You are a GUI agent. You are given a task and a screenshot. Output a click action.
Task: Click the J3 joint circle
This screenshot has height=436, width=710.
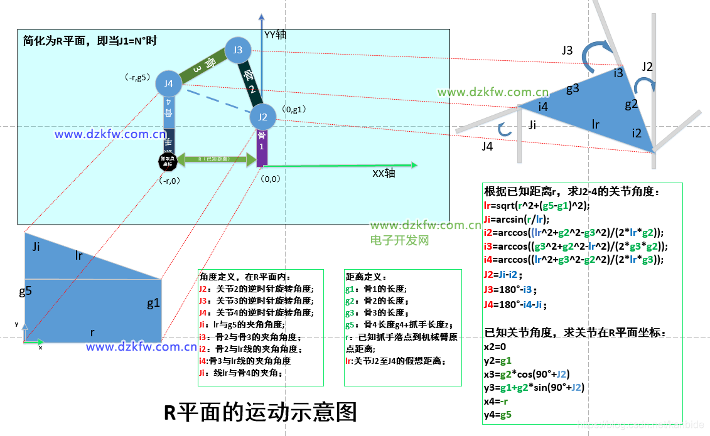(238, 50)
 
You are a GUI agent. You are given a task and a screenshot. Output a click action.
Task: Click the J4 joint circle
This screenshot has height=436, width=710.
(168, 83)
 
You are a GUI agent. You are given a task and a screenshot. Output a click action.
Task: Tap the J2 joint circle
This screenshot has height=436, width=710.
(263, 117)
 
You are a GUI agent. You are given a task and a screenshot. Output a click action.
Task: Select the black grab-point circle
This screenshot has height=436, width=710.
(168, 161)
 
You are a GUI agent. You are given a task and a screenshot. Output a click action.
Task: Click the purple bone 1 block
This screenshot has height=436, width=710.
(262, 148)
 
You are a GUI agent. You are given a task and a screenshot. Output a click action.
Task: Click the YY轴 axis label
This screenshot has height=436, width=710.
(275, 35)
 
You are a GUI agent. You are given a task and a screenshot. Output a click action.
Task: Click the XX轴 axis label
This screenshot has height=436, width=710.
(384, 173)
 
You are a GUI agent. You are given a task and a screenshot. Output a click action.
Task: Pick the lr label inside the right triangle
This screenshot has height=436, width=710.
(595, 124)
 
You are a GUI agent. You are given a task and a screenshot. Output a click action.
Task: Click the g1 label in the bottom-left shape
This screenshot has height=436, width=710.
(154, 304)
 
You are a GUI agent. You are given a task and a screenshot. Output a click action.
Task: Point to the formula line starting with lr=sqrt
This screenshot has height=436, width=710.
(537, 205)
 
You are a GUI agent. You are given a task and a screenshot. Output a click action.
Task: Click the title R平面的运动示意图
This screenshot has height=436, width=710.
(261, 412)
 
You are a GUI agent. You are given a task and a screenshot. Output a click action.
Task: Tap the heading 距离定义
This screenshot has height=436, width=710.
(367, 277)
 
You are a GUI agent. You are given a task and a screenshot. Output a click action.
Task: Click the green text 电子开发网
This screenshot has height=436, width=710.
(399, 240)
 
